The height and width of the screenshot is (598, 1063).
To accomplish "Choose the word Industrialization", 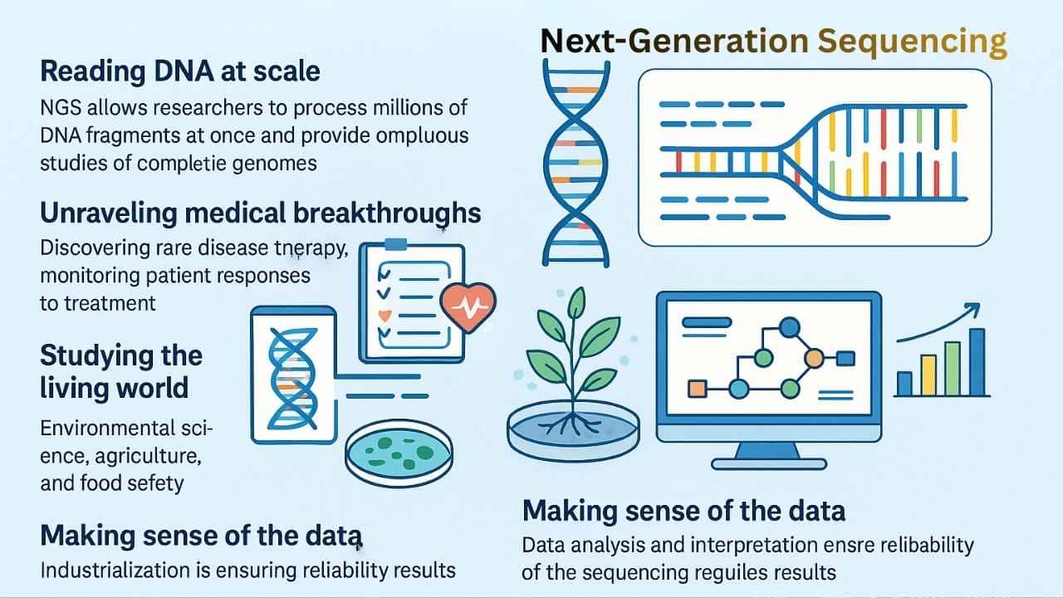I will (121, 570).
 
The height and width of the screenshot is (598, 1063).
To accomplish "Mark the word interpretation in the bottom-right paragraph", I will (755, 545).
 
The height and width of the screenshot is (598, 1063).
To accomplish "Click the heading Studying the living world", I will (120, 371).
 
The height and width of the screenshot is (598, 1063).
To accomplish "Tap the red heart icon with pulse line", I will (468, 306).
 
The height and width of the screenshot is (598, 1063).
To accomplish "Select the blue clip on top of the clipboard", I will (395, 244).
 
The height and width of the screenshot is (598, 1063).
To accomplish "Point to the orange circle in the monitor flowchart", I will (815, 358).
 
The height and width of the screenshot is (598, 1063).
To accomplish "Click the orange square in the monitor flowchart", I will (697, 388).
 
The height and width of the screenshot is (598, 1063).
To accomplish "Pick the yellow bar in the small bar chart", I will (928, 375).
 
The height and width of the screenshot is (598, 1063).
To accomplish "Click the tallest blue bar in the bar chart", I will (977, 362).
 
